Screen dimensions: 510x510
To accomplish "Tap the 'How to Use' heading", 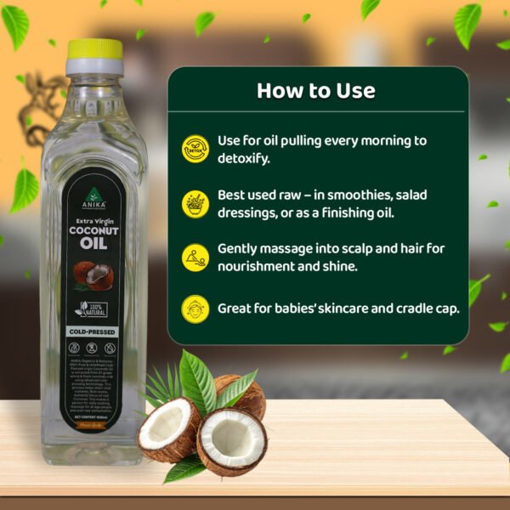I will point(315,90).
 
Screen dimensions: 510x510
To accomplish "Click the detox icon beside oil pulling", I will point(195,148).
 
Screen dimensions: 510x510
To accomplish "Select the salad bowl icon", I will point(195,203).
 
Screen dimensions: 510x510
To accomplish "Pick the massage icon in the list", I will point(195,257).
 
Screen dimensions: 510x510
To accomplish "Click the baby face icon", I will point(195,309).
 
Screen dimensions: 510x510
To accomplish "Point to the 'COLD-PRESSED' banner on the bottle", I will point(93,331).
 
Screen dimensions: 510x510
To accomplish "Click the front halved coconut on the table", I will point(231,441).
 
